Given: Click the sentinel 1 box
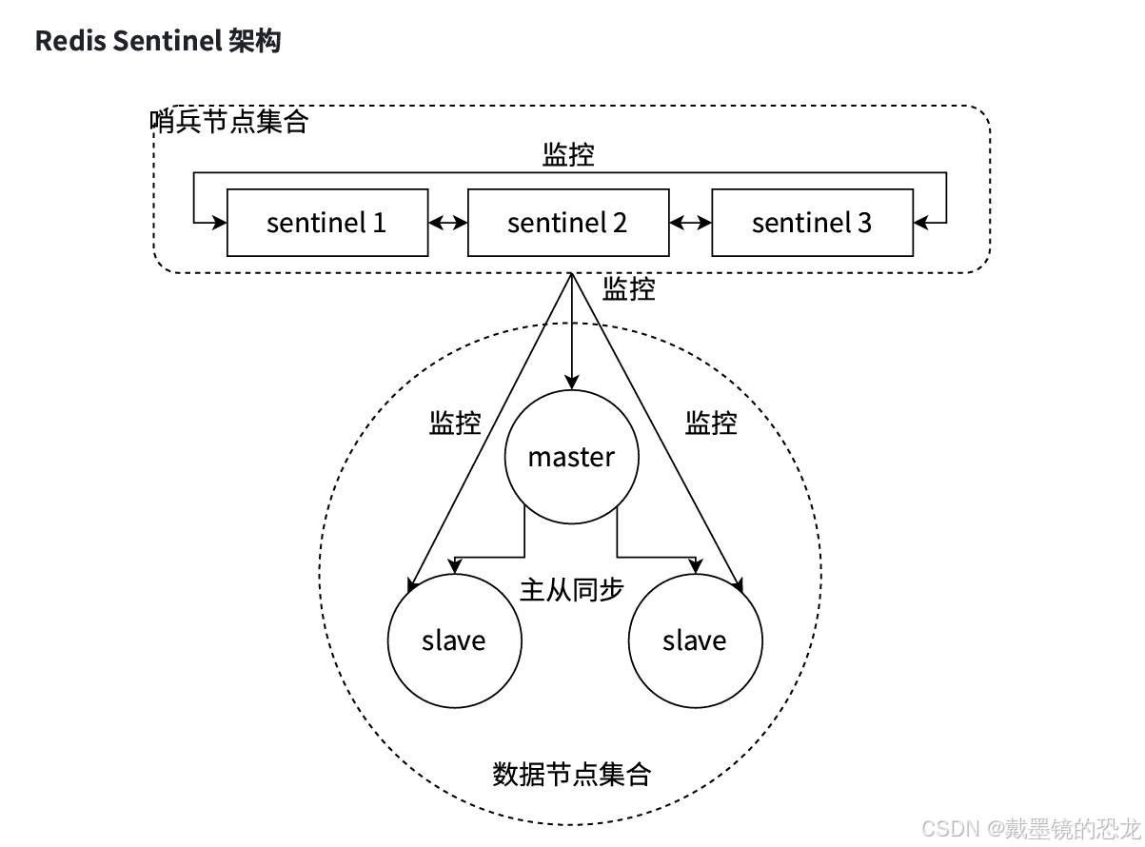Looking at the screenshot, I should click(326, 223).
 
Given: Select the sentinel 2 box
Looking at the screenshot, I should click(567, 223).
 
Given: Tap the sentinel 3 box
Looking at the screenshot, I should click(812, 223).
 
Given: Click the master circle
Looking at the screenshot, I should click(571, 457).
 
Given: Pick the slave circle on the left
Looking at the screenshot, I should click(454, 640).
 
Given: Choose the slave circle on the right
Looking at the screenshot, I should click(695, 640).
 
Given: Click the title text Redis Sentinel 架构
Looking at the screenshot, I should click(158, 41).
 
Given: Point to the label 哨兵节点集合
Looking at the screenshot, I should click(229, 122).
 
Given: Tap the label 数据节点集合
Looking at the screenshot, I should click(571, 774).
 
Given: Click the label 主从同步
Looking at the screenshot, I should click(571, 589).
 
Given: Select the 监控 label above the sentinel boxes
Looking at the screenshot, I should click(568, 154).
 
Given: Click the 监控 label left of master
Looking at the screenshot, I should click(455, 423).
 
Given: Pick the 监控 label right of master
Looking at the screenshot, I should click(711, 423).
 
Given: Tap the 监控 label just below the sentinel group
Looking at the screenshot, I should click(629, 289).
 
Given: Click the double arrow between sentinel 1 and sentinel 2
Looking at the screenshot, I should click(447, 223).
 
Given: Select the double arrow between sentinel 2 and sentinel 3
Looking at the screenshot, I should click(690, 223).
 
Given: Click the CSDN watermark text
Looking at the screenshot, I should click(1030, 827).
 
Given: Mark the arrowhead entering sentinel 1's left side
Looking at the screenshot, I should click(221, 223).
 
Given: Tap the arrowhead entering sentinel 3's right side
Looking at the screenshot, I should click(920, 223).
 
